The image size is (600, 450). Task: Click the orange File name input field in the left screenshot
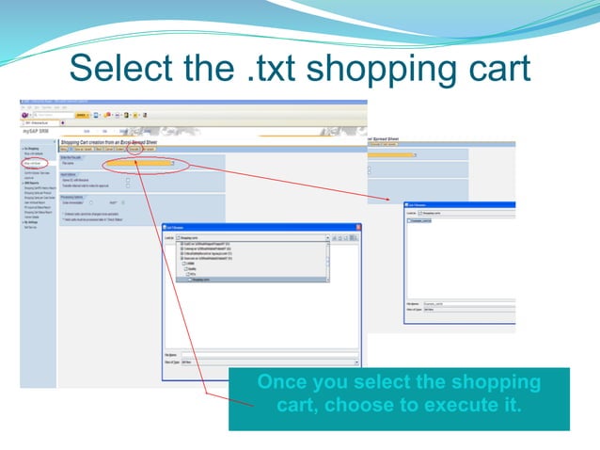click(x=141, y=164)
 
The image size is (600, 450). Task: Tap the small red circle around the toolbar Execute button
click(x=134, y=148)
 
